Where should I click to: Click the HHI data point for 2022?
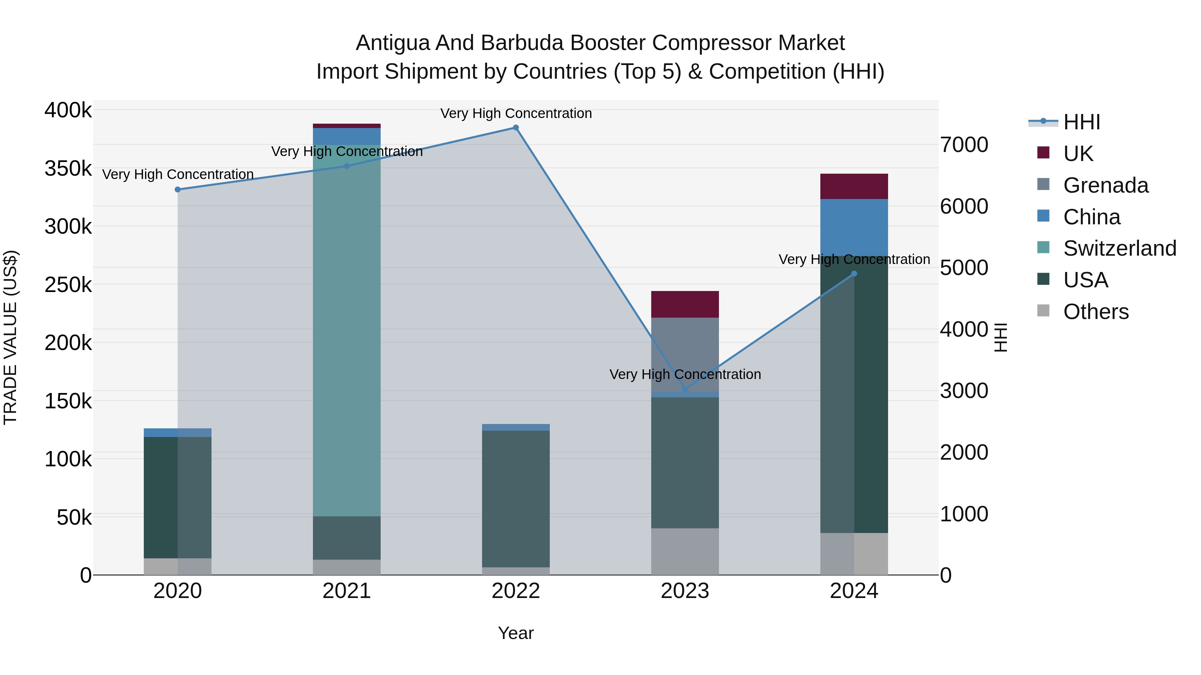tap(516, 128)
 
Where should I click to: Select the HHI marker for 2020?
tap(177, 190)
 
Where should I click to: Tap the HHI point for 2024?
tap(854, 274)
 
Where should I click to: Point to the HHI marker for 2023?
tap(685, 389)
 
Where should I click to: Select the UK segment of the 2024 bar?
tap(854, 186)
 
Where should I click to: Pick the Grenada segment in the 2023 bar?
tap(685, 354)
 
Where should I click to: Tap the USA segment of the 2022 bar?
tap(516, 498)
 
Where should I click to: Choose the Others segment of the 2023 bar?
tap(685, 552)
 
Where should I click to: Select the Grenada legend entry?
tap(1106, 185)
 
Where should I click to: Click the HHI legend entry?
tap(1081, 122)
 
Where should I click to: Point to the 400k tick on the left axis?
tap(68, 111)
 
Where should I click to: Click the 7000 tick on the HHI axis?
tap(964, 145)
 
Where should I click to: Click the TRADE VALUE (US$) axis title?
tap(10, 337)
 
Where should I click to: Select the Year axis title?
tap(516, 633)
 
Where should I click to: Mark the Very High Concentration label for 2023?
tap(685, 375)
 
